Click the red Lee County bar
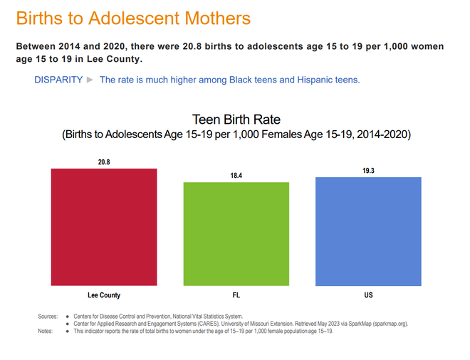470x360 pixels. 104,227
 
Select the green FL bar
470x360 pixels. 236,234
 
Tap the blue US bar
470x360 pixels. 368,231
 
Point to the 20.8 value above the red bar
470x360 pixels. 104,162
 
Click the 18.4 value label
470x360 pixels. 236,176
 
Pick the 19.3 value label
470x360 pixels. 368,171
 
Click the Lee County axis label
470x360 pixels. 104,295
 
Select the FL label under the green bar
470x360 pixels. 236,295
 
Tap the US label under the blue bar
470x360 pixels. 368,295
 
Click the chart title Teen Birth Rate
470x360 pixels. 236,120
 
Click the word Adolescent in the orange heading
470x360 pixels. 135,18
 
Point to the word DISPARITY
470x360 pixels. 58,80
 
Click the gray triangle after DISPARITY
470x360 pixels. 90,80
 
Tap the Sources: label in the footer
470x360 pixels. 48,317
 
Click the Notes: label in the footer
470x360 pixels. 46,331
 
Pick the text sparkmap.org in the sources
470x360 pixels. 390,324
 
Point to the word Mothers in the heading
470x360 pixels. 218,18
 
